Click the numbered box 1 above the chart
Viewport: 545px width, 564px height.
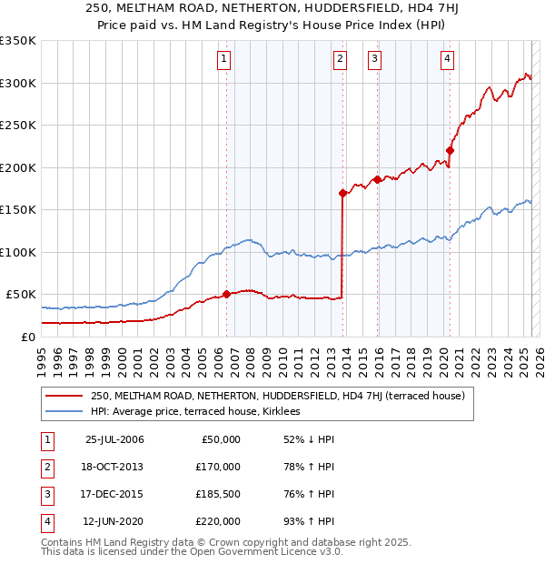coord(224,60)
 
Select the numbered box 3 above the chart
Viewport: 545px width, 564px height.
coord(374,60)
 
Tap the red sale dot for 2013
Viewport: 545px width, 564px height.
coord(342,193)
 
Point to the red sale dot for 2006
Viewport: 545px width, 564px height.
coord(226,295)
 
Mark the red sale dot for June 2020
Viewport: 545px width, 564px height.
coord(450,151)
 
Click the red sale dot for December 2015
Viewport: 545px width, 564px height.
coord(377,180)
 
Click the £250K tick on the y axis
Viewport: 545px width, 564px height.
coord(18,126)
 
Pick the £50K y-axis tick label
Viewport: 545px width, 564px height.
coord(21,295)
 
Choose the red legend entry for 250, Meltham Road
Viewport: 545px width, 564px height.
coord(277,396)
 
